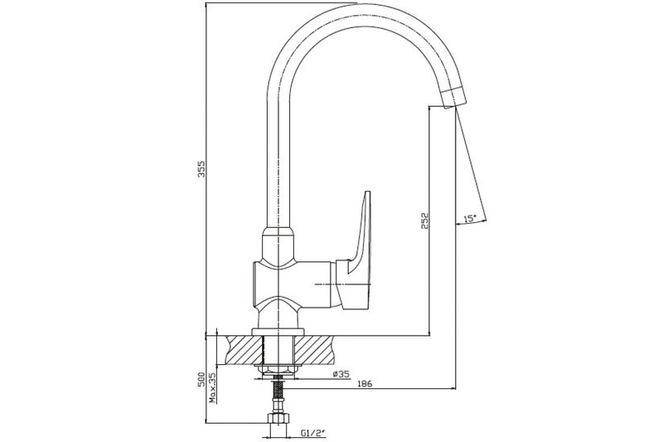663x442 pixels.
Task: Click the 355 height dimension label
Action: click(x=201, y=169)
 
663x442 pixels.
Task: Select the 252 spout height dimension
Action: click(x=425, y=221)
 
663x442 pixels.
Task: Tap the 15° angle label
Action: click(x=470, y=218)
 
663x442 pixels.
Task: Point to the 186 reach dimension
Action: click(x=365, y=384)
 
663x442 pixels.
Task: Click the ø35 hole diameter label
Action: click(x=341, y=374)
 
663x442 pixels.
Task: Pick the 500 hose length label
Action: click(x=201, y=379)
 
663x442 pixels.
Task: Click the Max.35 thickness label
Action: click(x=213, y=387)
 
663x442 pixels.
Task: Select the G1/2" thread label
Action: click(x=313, y=433)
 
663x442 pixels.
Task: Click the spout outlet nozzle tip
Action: click(x=452, y=98)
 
